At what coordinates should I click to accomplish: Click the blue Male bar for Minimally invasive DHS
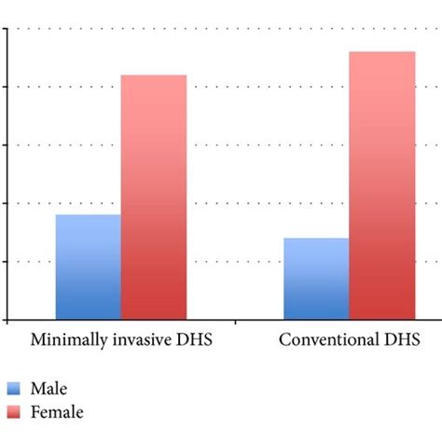pos(89,267)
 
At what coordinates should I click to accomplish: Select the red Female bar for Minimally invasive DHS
pos(154,197)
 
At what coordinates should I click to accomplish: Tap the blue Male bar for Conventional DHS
pos(316,278)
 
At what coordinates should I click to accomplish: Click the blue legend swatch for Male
pos(15,389)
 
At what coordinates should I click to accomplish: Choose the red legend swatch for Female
pos(15,411)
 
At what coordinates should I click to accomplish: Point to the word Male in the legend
pos(49,389)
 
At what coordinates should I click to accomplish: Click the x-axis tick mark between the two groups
pos(235,323)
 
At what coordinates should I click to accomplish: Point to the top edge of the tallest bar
pos(381,52)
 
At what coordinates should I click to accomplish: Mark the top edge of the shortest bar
pos(316,239)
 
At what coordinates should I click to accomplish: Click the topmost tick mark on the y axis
pos(5,28)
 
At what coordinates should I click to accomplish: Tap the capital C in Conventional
pos(285,338)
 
